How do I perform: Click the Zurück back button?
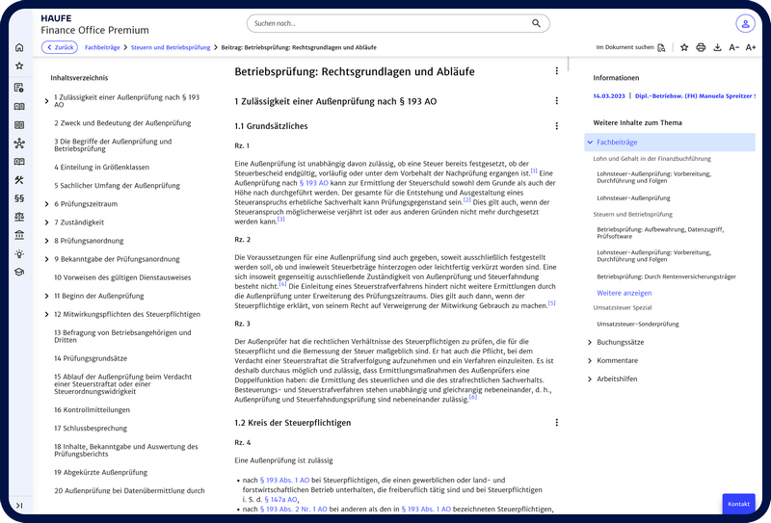pos(60,47)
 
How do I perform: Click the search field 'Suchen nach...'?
pos(385,23)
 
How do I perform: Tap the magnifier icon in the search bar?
pos(536,23)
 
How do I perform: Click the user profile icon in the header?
pos(745,23)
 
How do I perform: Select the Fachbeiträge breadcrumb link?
pos(102,47)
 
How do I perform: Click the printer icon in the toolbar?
pos(701,47)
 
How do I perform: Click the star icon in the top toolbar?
pos(684,47)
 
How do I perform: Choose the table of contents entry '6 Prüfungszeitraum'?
pos(86,204)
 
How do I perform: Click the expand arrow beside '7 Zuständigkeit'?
pos(46,222)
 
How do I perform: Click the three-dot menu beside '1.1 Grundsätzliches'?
pos(556,126)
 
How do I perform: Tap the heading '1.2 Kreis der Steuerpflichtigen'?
pos(293,422)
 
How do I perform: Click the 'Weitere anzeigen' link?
pos(624,293)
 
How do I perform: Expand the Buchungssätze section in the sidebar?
pos(590,342)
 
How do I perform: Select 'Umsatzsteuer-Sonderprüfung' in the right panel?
pos(638,323)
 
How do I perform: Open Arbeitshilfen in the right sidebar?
pos(590,379)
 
